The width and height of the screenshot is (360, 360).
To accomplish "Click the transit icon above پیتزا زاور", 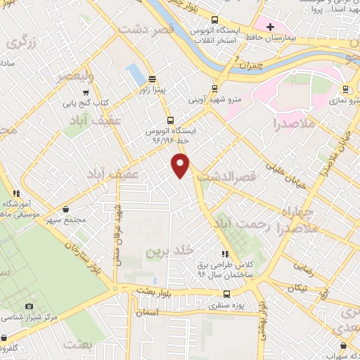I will [x=152, y=79].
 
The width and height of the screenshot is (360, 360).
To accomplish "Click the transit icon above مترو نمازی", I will [x=345, y=89].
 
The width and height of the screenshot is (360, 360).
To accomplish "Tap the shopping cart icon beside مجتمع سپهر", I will [x=65, y=209].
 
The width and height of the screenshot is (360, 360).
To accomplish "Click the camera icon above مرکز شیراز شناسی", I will [x=29, y=307].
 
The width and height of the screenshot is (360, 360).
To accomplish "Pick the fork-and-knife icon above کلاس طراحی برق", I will [x=225, y=254].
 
